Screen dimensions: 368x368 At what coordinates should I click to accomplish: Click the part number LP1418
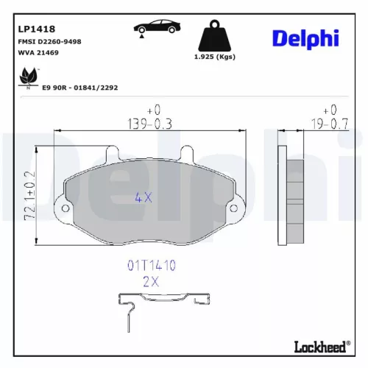[x=37, y=29]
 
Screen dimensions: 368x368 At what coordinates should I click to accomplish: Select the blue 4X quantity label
[x=144, y=197]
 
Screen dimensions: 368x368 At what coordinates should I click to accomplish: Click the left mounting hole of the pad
[x=65, y=209]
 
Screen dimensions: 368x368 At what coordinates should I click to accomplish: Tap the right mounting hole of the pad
[x=235, y=209]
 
